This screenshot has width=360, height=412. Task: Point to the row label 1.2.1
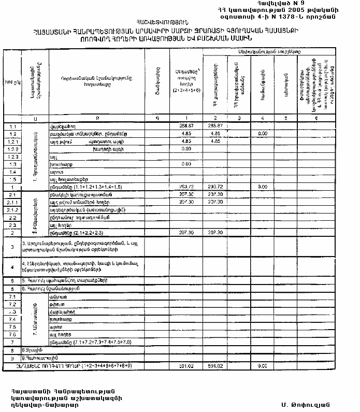pos(13,141)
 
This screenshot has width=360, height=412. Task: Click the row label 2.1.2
pos(13,210)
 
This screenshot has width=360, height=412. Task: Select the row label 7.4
pos(13,320)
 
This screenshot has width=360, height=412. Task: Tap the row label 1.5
pos(13,179)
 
